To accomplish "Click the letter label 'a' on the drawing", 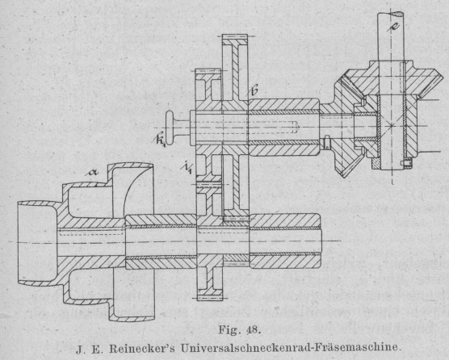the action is click(93, 172).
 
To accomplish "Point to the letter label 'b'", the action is click(254, 90).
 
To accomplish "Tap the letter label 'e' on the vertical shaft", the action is click(394, 26).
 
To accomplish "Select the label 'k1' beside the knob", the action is click(160, 139).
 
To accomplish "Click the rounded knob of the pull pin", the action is click(170, 128).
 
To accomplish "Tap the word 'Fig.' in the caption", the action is click(228, 330).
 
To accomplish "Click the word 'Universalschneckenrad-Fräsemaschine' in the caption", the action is click(289, 348).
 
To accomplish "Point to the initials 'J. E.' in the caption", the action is click(89, 349).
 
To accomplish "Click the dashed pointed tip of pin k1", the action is click(297, 126).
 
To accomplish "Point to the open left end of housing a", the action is click(19, 242).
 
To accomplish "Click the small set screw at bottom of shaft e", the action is click(405, 163).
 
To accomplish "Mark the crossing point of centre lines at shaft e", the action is click(391, 126).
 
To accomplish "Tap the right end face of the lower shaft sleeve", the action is click(321, 241).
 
